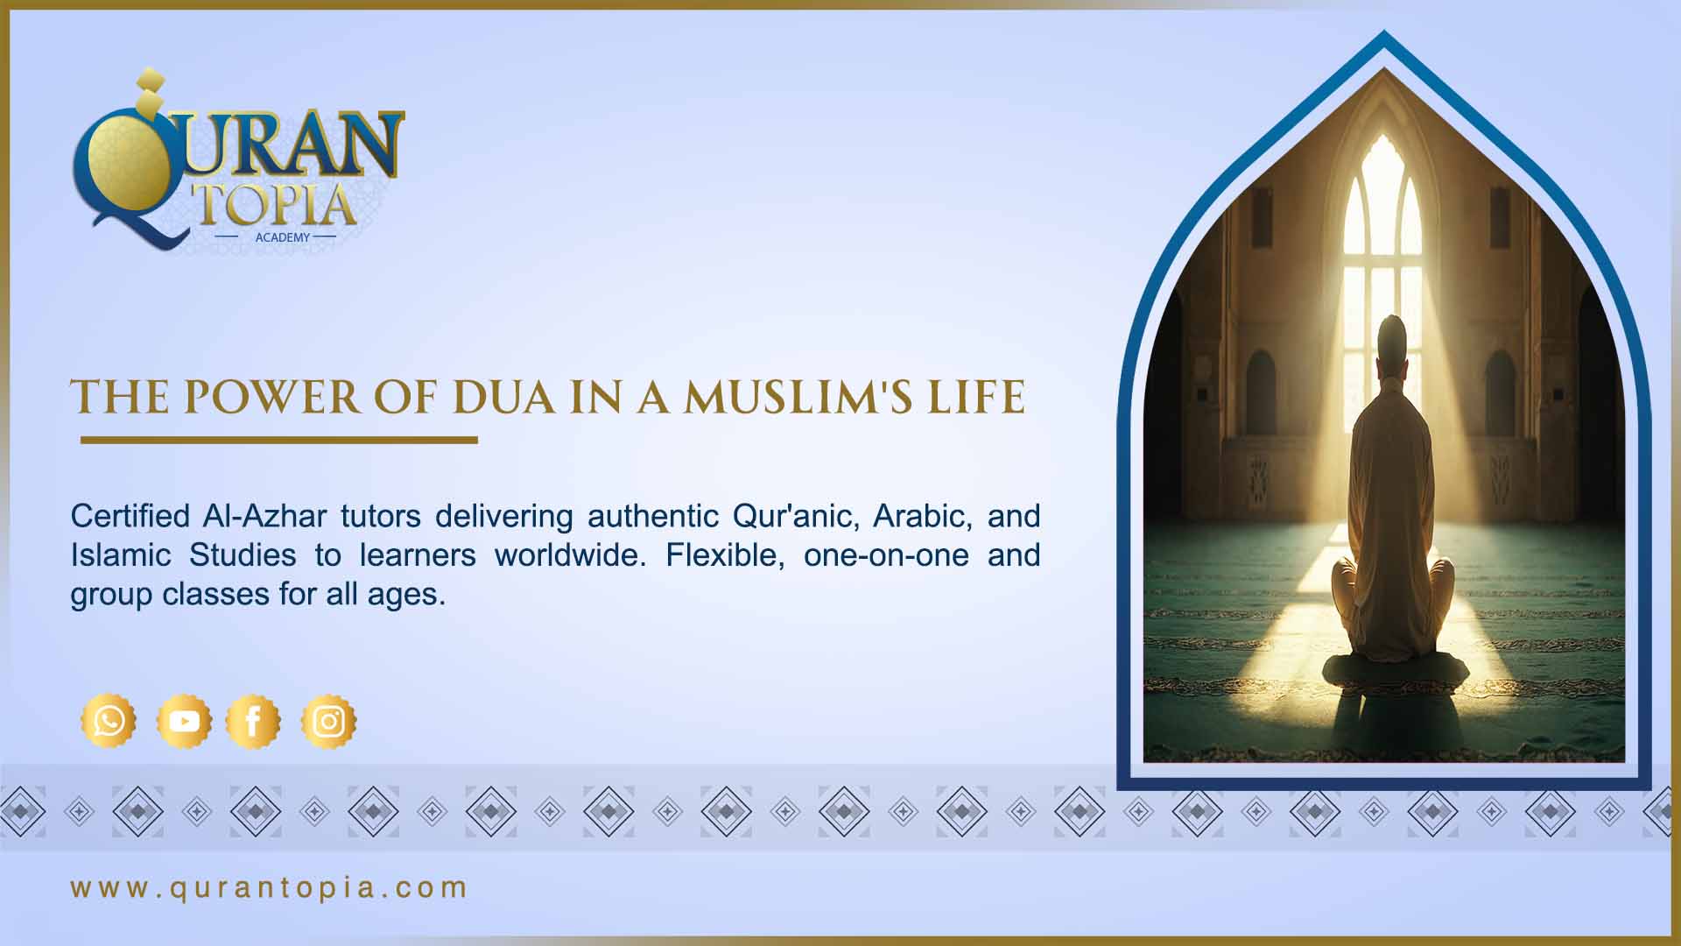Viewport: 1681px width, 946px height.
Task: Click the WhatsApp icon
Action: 109,721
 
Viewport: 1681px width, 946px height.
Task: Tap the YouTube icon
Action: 184,721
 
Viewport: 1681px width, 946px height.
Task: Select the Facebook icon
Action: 253,721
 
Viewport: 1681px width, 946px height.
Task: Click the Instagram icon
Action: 328,721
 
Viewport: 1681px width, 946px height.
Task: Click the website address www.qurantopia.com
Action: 269,887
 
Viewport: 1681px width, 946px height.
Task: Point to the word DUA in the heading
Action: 503,397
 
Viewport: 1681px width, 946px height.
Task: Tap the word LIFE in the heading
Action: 976,397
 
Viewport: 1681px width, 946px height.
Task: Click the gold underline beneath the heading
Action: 278,440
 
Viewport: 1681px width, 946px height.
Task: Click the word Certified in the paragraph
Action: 130,516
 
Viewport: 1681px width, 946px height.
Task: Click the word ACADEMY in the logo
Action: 282,237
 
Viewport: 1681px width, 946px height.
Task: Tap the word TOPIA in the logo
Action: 278,206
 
